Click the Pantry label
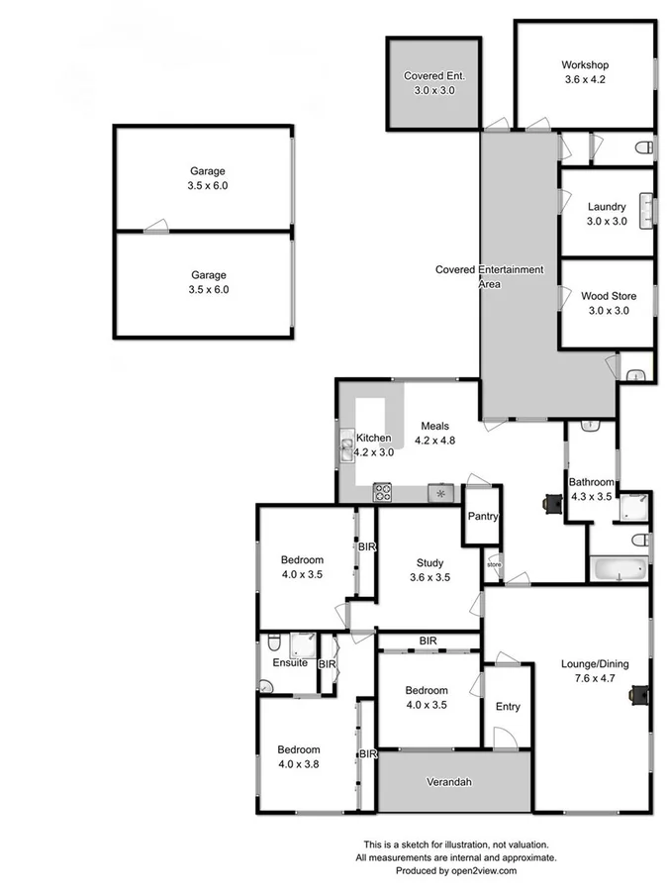(x=483, y=517)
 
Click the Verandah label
(x=448, y=782)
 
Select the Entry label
(x=508, y=707)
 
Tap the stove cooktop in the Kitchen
(x=383, y=492)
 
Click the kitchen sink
(x=346, y=450)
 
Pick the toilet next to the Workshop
(x=644, y=148)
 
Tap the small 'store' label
(x=494, y=565)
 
